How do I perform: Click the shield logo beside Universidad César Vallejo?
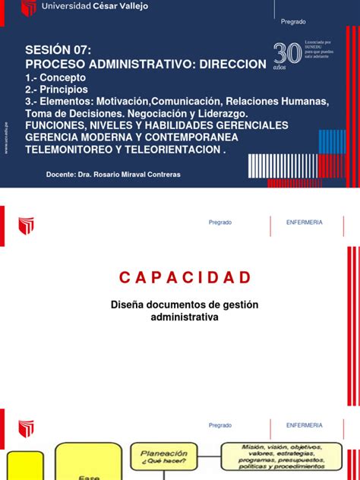click(29, 8)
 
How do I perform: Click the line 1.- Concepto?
click(56, 77)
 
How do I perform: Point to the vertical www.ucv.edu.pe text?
click(7, 137)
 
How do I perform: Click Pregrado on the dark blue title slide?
click(293, 22)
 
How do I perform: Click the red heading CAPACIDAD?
click(179, 276)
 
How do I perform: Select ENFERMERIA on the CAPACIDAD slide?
click(304, 223)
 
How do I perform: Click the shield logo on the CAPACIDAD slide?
click(27, 226)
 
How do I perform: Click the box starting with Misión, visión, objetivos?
click(280, 453)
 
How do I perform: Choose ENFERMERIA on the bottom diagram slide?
click(304, 425)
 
